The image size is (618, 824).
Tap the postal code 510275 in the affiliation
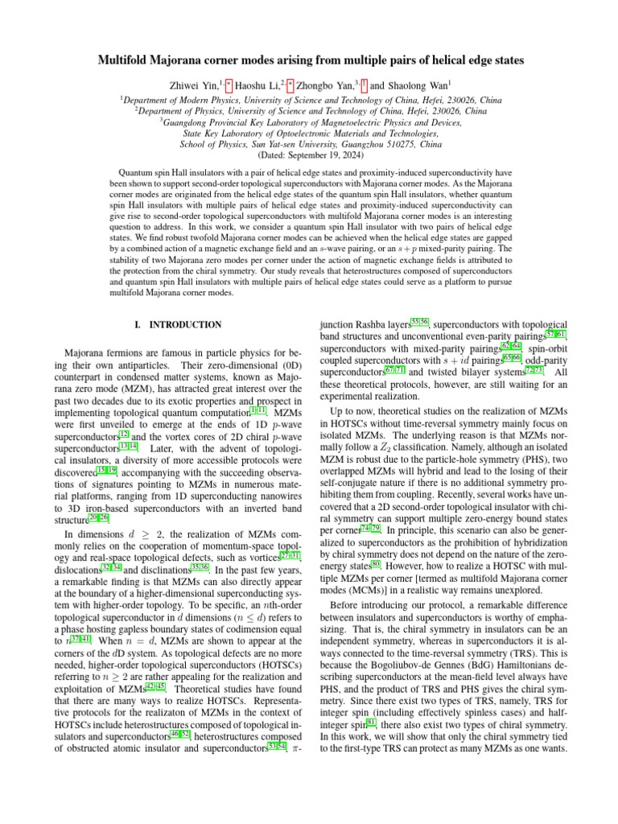point(400,145)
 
